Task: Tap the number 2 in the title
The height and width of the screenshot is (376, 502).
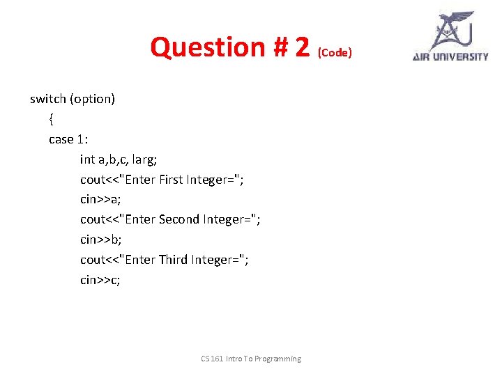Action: tap(302, 47)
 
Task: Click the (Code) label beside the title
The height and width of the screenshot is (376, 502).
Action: tap(335, 52)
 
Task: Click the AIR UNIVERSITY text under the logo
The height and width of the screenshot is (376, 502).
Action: tap(450, 56)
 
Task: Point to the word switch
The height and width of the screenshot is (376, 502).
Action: tap(47, 99)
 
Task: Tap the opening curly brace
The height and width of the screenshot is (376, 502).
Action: tap(52, 119)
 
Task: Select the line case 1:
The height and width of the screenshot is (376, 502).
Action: tap(68, 139)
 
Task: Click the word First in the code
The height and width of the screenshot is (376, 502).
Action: tap(171, 180)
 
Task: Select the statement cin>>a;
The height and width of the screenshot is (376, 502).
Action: tap(100, 199)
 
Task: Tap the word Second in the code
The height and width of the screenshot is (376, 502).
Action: tap(179, 219)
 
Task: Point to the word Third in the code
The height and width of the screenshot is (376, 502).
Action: tap(174, 260)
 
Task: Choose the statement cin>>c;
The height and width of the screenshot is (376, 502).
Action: tap(100, 280)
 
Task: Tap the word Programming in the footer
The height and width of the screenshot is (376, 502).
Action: tap(277, 359)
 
